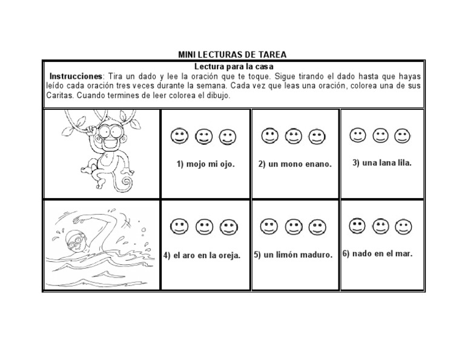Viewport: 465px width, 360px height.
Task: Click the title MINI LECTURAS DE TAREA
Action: click(x=232, y=55)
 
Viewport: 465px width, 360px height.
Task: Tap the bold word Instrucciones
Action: click(x=76, y=77)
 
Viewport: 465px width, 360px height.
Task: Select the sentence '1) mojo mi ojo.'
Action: click(x=205, y=164)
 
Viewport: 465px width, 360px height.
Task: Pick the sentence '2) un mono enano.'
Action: click(x=295, y=164)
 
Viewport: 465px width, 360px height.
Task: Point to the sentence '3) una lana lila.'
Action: click(x=382, y=162)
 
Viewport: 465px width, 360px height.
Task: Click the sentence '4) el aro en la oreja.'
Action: click(x=202, y=255)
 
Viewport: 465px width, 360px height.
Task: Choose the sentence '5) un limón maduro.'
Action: click(x=294, y=255)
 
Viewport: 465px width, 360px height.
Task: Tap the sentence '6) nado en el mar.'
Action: click(x=378, y=253)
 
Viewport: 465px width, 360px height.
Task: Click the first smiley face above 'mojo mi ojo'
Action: click(x=179, y=136)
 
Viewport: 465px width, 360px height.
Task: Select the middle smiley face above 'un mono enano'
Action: click(x=293, y=136)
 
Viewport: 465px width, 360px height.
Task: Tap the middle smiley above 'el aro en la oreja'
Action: click(x=203, y=227)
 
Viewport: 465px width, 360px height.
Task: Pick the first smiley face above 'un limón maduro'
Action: click(x=268, y=227)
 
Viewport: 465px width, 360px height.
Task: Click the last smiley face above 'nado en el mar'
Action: click(x=402, y=227)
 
